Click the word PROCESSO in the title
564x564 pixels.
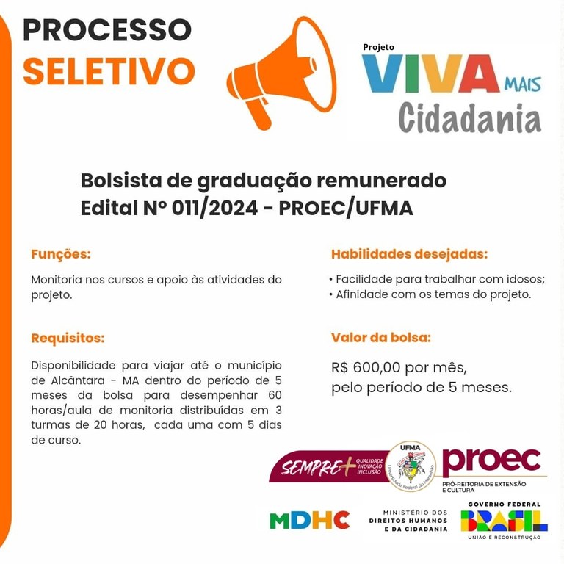click(x=107, y=29)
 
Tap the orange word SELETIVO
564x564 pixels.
click(x=109, y=70)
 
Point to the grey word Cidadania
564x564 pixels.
click(x=470, y=118)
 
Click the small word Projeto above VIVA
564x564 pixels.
click(x=378, y=47)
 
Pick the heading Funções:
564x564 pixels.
click(x=60, y=255)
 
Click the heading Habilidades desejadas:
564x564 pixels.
click(x=409, y=255)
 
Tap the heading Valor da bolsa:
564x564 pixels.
click(x=381, y=338)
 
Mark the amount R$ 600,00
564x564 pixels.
click(x=370, y=367)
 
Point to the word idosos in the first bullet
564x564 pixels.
click(x=524, y=279)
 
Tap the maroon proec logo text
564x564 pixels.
click(x=492, y=460)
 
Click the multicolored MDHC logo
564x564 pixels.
click(x=309, y=520)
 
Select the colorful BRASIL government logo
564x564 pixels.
click(x=504, y=521)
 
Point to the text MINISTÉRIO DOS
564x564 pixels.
click(x=415, y=512)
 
